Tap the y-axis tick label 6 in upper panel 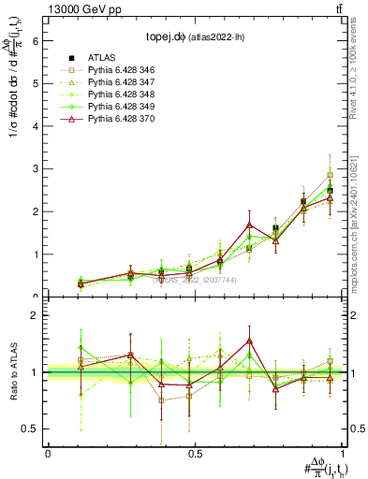click(36, 41)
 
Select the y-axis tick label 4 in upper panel click(36, 126)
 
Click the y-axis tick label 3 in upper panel click(36, 169)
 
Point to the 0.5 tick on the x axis click(194, 454)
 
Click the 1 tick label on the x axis click(342, 454)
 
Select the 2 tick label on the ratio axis click(36, 315)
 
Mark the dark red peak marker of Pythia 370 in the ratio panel click(249, 341)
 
